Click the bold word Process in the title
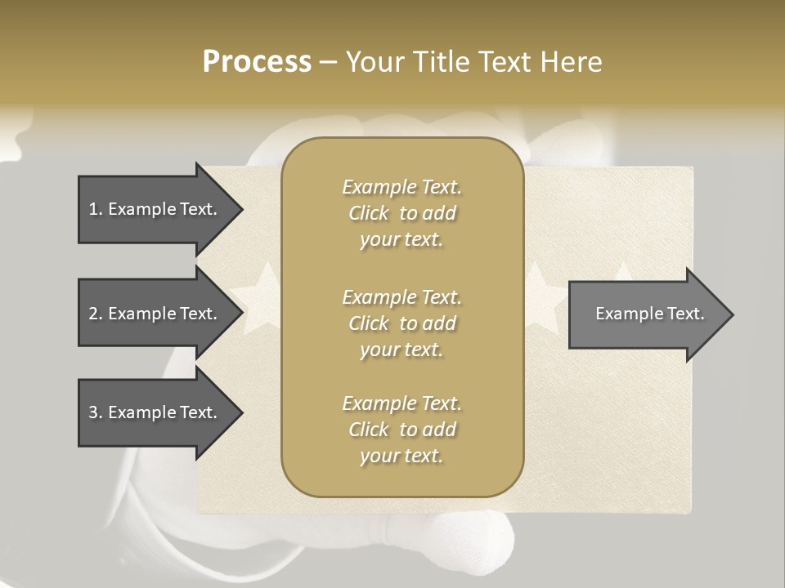pyautogui.click(x=257, y=62)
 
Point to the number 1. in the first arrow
pyautogui.click(x=96, y=209)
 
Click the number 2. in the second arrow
pyautogui.click(x=96, y=314)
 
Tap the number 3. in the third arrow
pyautogui.click(x=96, y=412)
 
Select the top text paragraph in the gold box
pyautogui.click(x=401, y=213)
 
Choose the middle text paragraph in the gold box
pyautogui.click(x=401, y=323)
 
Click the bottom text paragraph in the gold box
pyautogui.click(x=401, y=430)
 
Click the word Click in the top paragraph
pyautogui.click(x=369, y=213)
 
